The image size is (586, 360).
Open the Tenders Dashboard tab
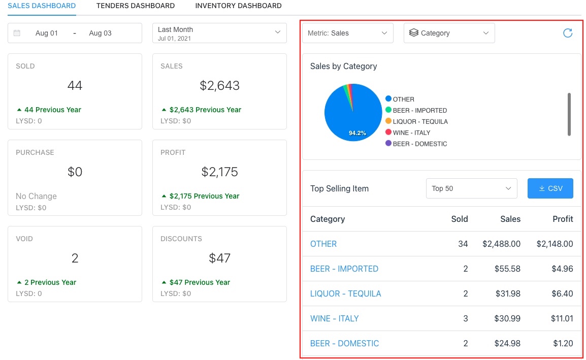[x=135, y=6]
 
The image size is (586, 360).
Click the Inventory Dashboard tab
[x=238, y=6]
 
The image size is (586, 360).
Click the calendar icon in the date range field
[x=17, y=33]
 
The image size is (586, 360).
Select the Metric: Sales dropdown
[x=347, y=33]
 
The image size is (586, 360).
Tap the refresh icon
[x=568, y=33]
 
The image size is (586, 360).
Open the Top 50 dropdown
[x=471, y=188]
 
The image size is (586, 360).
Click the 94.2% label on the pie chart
[x=357, y=133]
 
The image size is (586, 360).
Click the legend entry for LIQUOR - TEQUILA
[x=420, y=121]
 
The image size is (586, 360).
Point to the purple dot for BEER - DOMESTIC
[x=388, y=144]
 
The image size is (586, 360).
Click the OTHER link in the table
[x=323, y=244]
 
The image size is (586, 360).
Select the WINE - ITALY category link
[x=334, y=318]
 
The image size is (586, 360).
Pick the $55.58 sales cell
[x=508, y=269]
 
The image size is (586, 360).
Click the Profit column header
[x=563, y=219]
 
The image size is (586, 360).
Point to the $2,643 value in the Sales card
[x=219, y=86]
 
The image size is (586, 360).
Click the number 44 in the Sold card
[x=75, y=86]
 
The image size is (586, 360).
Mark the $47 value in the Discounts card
[x=219, y=258]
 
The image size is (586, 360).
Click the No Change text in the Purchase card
[x=36, y=196]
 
